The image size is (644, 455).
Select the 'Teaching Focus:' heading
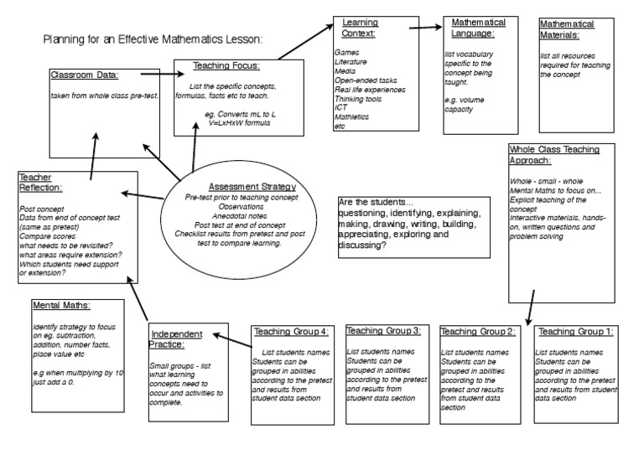(226, 65)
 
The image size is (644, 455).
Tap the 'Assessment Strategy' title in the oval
(252, 186)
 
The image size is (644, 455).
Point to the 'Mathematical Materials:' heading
(567, 29)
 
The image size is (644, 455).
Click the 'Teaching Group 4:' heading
(290, 331)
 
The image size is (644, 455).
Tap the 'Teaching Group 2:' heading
(477, 331)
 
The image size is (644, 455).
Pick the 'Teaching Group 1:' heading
(575, 331)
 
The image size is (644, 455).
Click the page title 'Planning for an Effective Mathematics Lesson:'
(153, 39)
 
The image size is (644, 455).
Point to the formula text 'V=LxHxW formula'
(240, 122)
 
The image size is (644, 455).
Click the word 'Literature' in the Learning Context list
(351, 63)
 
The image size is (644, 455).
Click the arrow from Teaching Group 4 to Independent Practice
(233, 339)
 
